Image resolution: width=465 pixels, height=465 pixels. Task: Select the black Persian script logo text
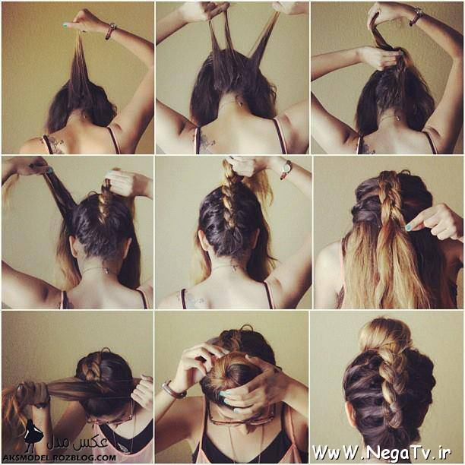coord(77,442)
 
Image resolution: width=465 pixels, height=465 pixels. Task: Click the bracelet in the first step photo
coord(110,31)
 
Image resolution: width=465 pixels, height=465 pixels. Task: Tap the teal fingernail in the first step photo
coord(65,26)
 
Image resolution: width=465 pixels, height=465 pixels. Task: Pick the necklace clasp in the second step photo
coord(239,104)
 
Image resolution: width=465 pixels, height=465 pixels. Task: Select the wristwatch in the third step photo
coord(416,16)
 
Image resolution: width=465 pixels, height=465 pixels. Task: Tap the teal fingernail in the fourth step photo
coord(49,170)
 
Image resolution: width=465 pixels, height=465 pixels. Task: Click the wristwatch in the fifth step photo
coord(286,169)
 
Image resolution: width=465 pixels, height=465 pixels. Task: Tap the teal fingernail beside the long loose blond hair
coord(409,227)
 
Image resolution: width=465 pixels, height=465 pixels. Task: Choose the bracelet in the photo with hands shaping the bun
coord(173,391)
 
